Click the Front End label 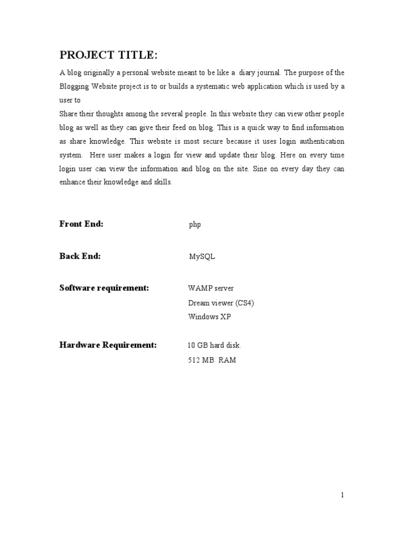point(81,224)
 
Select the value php point(195,225)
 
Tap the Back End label point(79,256)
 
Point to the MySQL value point(202,257)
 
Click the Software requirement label point(104,288)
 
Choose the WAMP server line point(210,288)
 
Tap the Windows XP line point(209,317)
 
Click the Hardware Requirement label point(108,345)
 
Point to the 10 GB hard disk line point(214,346)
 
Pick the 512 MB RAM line point(211,361)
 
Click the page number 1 point(342,494)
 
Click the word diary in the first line point(249,73)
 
